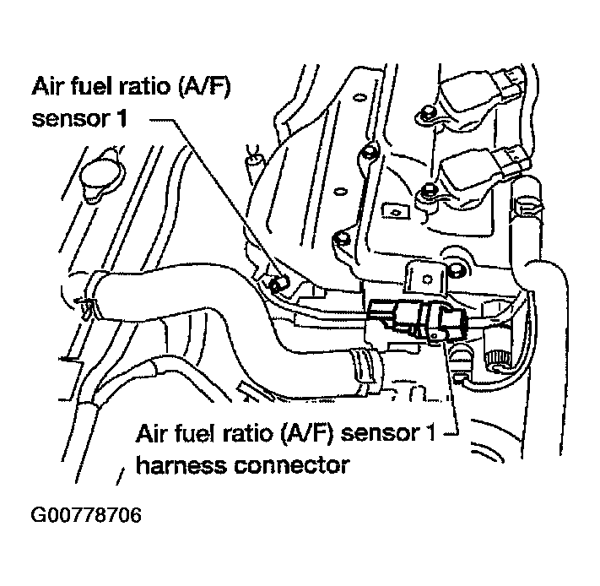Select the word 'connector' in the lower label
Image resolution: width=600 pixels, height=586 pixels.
coord(294,464)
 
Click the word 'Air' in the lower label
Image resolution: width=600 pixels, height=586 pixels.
coord(152,434)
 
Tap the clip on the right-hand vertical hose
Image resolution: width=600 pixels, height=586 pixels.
coord(530,204)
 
